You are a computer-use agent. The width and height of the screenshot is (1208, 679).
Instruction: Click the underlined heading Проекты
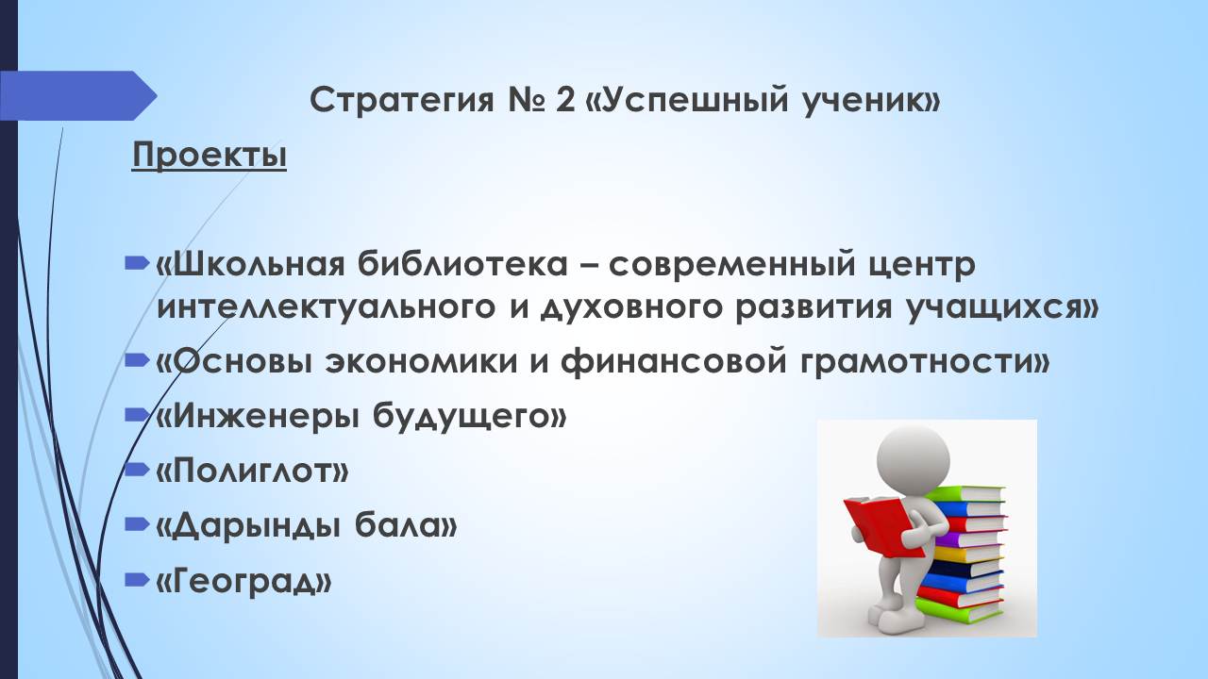click(210, 157)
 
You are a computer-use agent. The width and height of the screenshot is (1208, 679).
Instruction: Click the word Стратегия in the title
click(402, 100)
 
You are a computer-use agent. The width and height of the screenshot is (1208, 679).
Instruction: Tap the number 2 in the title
click(564, 100)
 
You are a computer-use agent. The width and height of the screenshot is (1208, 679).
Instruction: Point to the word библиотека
click(462, 265)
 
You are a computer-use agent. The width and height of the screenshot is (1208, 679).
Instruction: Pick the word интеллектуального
click(326, 308)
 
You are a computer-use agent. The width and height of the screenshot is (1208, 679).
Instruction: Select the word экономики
click(422, 361)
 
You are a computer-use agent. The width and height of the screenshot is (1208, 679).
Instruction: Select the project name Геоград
click(243, 581)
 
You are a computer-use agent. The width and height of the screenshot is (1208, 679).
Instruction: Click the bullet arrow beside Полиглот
click(137, 470)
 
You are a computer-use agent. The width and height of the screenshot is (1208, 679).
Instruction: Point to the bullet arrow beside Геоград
click(137, 579)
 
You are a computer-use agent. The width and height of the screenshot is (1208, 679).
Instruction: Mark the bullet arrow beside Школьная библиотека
click(137, 263)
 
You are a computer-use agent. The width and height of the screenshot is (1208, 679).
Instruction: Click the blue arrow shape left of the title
click(78, 96)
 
